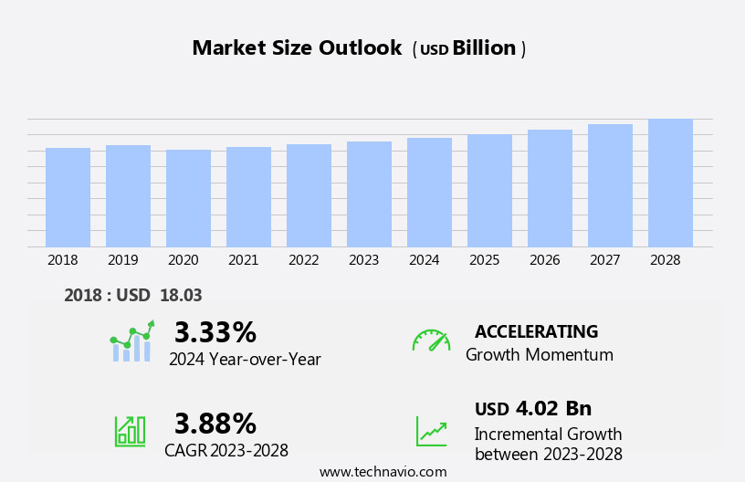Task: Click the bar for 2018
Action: pos(68,197)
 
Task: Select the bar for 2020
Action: pos(188,198)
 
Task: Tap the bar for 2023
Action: pos(369,194)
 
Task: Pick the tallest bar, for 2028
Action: pos(670,183)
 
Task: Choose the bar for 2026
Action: pos(550,188)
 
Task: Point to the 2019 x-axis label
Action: pos(122,260)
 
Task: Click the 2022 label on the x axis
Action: pos(303,260)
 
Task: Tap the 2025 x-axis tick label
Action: pos(484,260)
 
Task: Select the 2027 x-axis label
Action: pos(604,260)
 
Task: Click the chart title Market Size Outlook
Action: pos(297,48)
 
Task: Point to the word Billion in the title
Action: pos(484,48)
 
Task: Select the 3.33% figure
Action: pos(215,332)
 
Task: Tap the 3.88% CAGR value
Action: pos(215,424)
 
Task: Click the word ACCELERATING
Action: pos(536,331)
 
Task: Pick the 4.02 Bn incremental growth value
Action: pos(553,408)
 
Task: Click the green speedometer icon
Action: pos(431,341)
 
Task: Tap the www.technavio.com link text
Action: pos(383,472)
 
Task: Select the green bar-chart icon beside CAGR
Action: pos(130,430)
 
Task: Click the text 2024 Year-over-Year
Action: pos(245,360)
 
